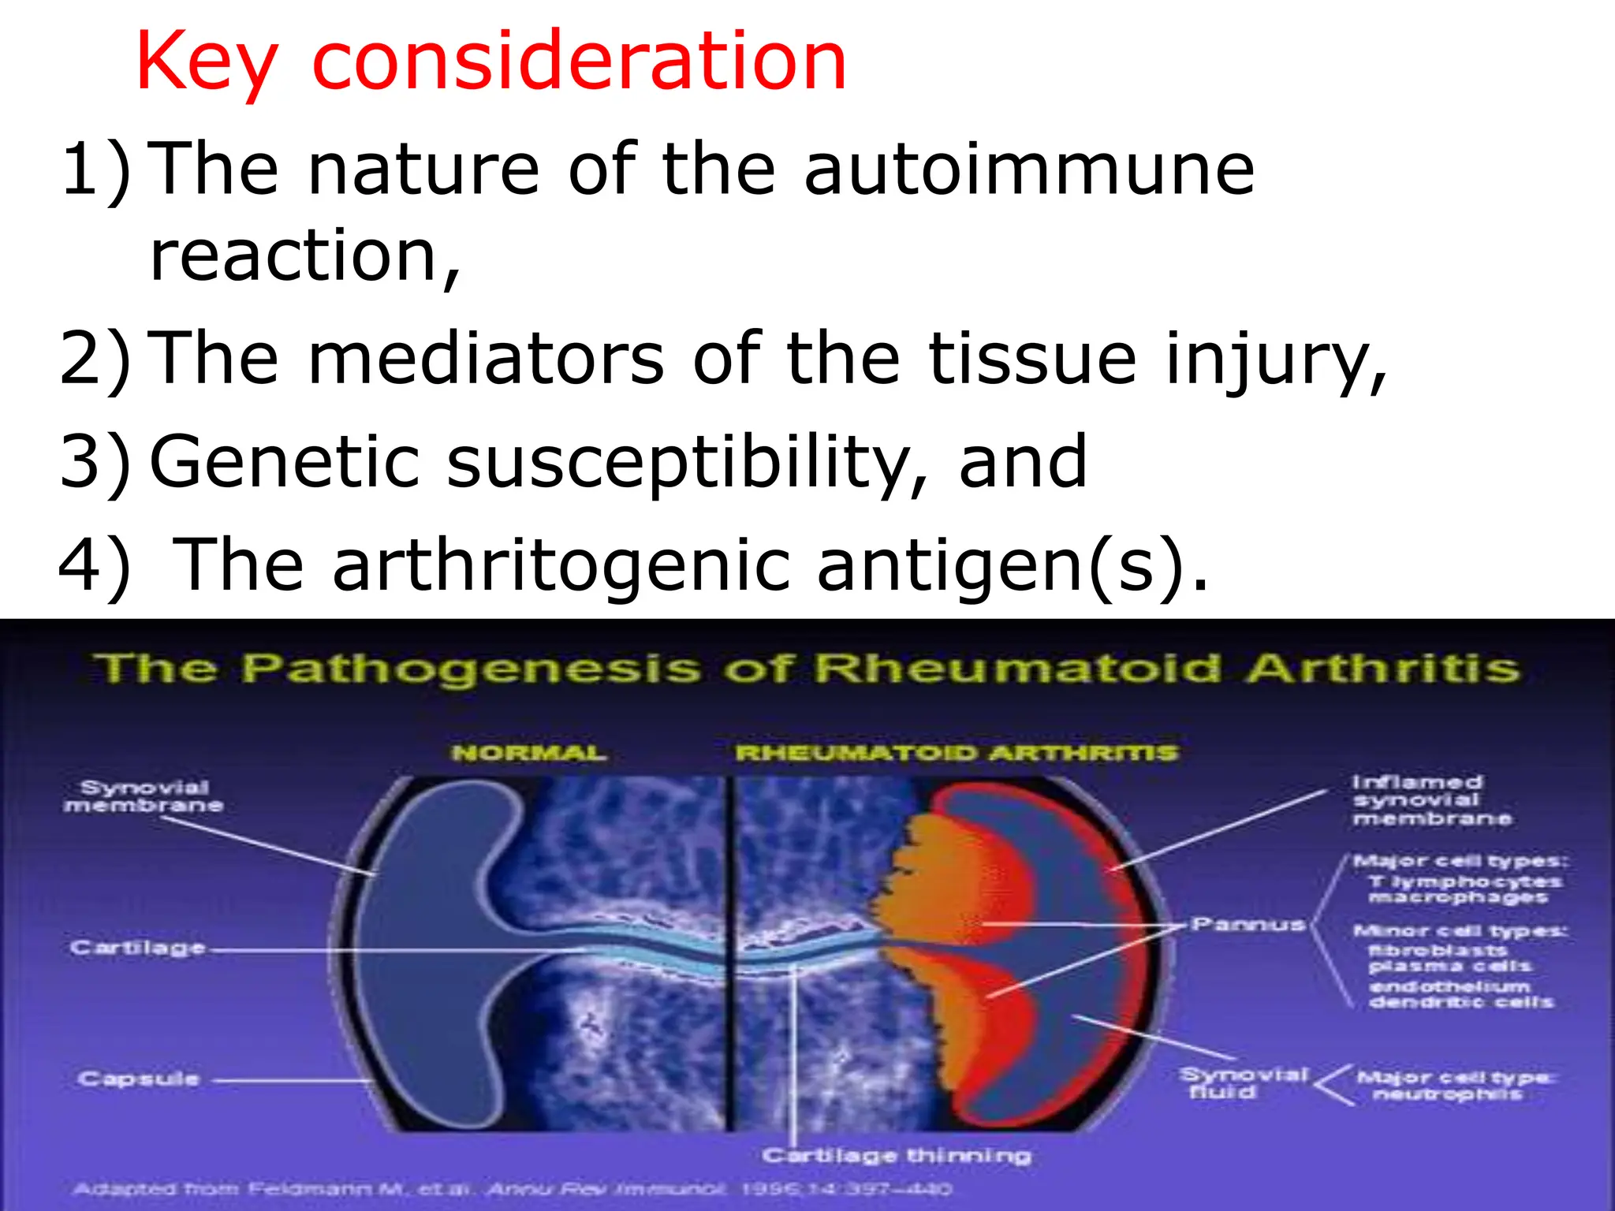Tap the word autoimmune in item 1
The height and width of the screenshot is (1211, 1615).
coord(1029,170)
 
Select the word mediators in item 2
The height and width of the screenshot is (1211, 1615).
coord(485,360)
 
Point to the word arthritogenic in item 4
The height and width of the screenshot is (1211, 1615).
coord(560,566)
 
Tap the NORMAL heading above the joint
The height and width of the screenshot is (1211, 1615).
coord(529,753)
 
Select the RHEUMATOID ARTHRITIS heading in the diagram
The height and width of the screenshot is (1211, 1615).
coord(956,753)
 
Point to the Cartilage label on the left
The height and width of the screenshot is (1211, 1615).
coord(137,948)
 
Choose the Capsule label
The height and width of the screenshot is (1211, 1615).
coord(138,1079)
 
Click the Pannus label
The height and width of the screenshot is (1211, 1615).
coord(1248,924)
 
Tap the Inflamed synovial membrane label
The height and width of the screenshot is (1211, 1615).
coord(1429,800)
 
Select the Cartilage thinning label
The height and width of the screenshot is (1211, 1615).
coord(897,1156)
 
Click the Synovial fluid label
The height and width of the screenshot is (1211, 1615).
coord(1242,1084)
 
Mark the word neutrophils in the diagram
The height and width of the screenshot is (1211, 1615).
coord(1447,1094)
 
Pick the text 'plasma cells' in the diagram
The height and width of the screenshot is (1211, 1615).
coord(1449,967)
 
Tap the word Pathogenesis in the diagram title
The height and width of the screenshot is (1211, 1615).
coord(470,669)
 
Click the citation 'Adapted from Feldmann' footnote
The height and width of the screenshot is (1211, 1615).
coord(513,1188)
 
